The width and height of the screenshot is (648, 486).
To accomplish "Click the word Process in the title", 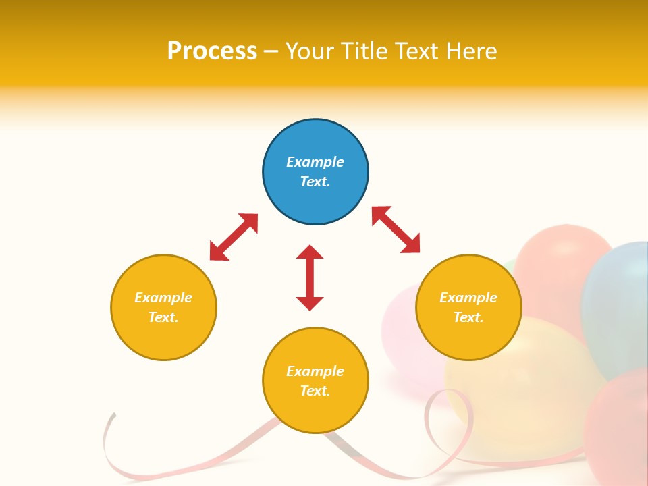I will [212, 51].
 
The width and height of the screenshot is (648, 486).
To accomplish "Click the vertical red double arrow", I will [310, 277].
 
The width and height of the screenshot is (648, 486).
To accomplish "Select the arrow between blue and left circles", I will [234, 237].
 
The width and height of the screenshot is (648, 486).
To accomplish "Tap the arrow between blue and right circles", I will [396, 230].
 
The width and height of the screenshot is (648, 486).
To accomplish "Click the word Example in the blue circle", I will [315, 162].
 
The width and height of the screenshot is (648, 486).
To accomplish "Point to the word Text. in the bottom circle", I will [315, 391].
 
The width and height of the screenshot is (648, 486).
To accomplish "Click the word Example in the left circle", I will [163, 298].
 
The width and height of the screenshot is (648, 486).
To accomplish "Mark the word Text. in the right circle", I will [468, 317].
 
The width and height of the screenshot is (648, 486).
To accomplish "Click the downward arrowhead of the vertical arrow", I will [310, 303].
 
